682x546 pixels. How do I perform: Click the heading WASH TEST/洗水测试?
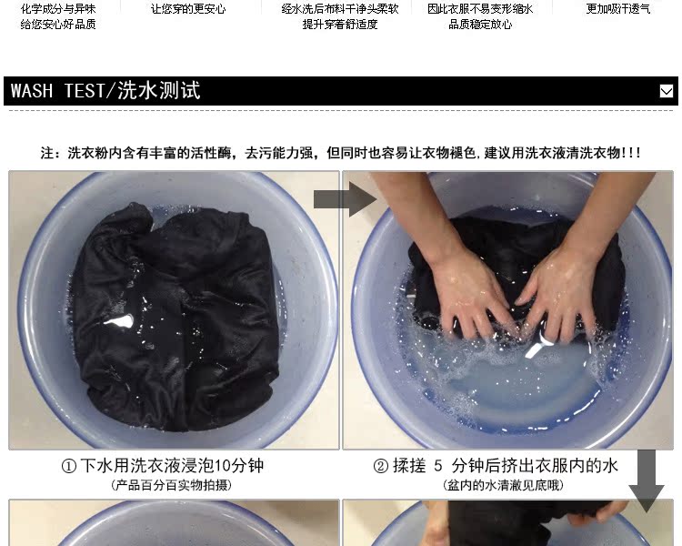click(x=105, y=91)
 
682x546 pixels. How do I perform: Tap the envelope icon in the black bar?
click(x=666, y=91)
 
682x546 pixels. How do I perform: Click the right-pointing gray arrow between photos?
click(x=346, y=199)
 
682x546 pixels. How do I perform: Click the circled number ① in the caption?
click(x=69, y=466)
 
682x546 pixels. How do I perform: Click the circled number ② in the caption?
click(x=381, y=466)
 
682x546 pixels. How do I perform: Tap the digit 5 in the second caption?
click(x=437, y=466)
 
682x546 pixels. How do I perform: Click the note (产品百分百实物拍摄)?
click(x=171, y=485)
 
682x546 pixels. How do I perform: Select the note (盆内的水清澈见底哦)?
click(x=503, y=485)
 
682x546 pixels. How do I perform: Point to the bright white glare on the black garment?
click(x=118, y=321)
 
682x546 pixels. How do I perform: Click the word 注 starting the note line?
click(x=47, y=153)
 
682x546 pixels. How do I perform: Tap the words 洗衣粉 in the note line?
click(x=88, y=153)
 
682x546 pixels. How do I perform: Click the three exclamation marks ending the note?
click(x=631, y=153)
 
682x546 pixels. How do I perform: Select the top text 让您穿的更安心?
click(x=188, y=9)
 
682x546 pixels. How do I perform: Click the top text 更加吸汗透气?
click(x=618, y=9)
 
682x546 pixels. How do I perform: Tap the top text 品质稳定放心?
click(x=480, y=25)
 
